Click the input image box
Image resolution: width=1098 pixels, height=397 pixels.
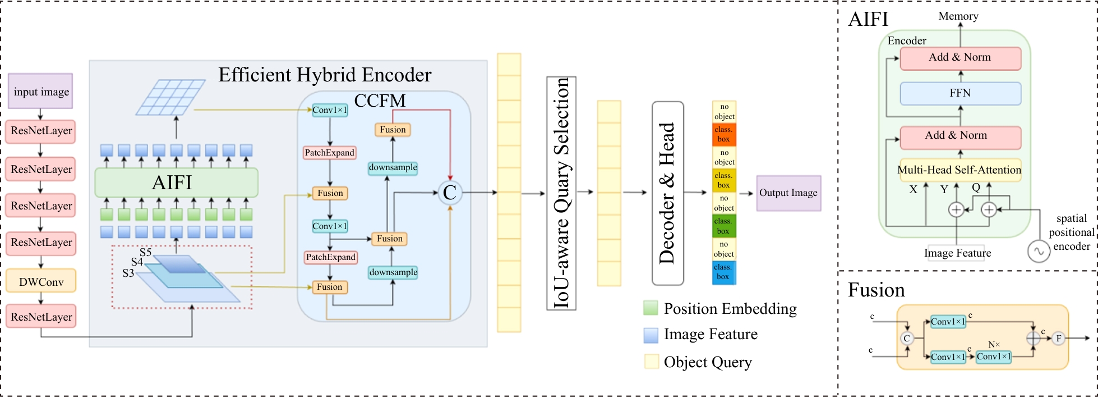click(x=41, y=92)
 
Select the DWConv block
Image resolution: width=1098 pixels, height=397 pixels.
click(x=41, y=281)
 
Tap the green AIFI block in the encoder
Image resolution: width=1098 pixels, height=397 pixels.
click(x=176, y=182)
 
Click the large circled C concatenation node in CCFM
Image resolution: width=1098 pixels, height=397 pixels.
click(x=450, y=193)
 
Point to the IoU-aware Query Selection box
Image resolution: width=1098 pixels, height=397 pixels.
click(x=561, y=193)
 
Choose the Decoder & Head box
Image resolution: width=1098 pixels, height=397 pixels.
click(x=667, y=193)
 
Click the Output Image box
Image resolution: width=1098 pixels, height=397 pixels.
click(x=788, y=193)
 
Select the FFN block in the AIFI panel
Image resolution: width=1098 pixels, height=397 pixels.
click(x=960, y=93)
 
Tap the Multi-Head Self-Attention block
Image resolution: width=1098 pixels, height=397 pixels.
click(x=959, y=170)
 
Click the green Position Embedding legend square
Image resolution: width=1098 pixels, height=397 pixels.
click(x=651, y=308)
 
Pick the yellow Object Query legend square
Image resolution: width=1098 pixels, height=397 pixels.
click(x=651, y=362)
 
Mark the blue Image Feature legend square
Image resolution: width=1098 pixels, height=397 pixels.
click(x=651, y=335)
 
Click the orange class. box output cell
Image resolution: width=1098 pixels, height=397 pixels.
click(x=724, y=134)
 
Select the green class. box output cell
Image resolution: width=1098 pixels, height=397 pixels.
click(x=723, y=226)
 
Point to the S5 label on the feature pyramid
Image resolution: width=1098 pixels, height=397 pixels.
click(x=145, y=252)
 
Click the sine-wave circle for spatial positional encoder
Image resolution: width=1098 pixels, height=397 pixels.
click(x=1039, y=252)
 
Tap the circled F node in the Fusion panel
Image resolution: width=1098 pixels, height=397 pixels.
click(x=1058, y=338)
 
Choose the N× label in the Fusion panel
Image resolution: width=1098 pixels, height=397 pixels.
click(x=994, y=344)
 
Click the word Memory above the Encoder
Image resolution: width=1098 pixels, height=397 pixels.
click(x=958, y=16)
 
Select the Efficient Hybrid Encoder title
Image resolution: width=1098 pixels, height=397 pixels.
click(x=325, y=75)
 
